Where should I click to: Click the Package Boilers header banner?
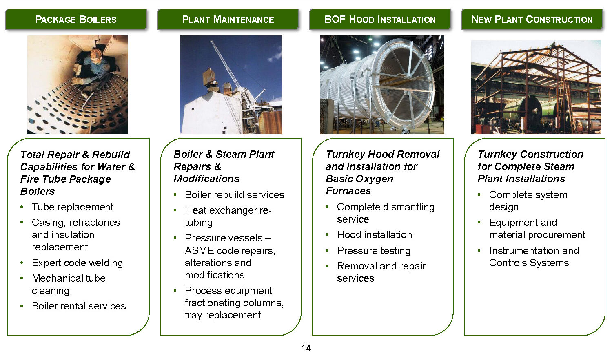pyautogui.click(x=76, y=19)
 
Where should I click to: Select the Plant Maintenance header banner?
pyautogui.click(x=228, y=19)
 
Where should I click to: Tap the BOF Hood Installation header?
pyautogui.click(x=380, y=19)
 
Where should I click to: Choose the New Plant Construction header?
pyautogui.click(x=532, y=19)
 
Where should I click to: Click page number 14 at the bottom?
pyautogui.click(x=306, y=348)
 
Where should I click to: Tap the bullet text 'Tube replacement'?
pyautogui.click(x=72, y=207)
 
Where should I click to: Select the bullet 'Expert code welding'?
pyautogui.click(x=78, y=263)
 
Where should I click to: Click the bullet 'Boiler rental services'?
pyautogui.click(x=79, y=306)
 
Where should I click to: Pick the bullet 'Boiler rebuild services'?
pyautogui.click(x=235, y=194)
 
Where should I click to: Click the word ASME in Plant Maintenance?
pyautogui.click(x=200, y=250)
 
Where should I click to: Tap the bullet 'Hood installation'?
pyautogui.click(x=374, y=235)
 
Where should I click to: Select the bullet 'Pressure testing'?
pyautogui.click(x=373, y=251)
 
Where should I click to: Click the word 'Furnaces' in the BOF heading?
pyautogui.click(x=348, y=191)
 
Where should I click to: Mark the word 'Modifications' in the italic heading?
pyautogui.click(x=206, y=179)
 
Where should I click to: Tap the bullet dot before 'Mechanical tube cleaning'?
pyautogui.click(x=22, y=278)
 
